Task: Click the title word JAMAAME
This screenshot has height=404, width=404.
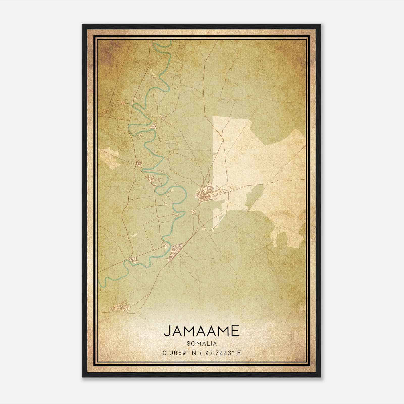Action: [x=201, y=331]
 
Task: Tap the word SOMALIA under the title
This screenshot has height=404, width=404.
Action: [x=201, y=343]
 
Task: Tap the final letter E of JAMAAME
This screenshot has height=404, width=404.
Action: [x=235, y=331]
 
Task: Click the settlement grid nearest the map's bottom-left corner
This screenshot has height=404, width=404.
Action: [x=121, y=307]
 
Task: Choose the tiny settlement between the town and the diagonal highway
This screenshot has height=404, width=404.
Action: [x=193, y=212]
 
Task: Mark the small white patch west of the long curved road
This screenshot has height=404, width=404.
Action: [x=134, y=235]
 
